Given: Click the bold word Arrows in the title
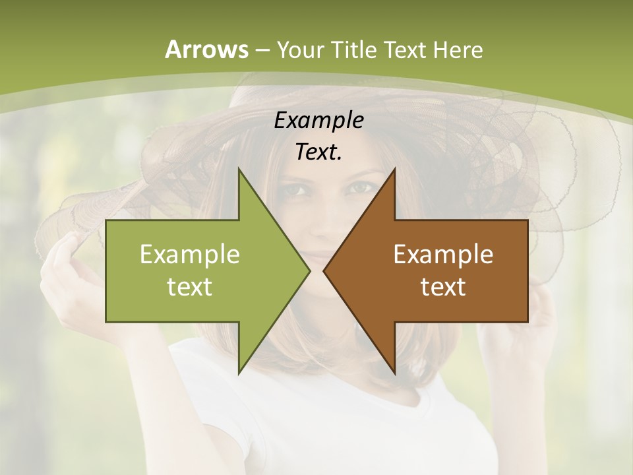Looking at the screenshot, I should coord(206,49).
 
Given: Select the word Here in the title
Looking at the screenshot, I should coord(459,49).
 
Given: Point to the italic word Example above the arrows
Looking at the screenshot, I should coord(319,120).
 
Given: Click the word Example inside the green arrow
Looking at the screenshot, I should coord(190,255).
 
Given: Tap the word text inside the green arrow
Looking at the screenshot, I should coord(190,286).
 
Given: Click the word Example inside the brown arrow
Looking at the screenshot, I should coord(443,255).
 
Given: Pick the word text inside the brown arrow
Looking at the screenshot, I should coord(443,286).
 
